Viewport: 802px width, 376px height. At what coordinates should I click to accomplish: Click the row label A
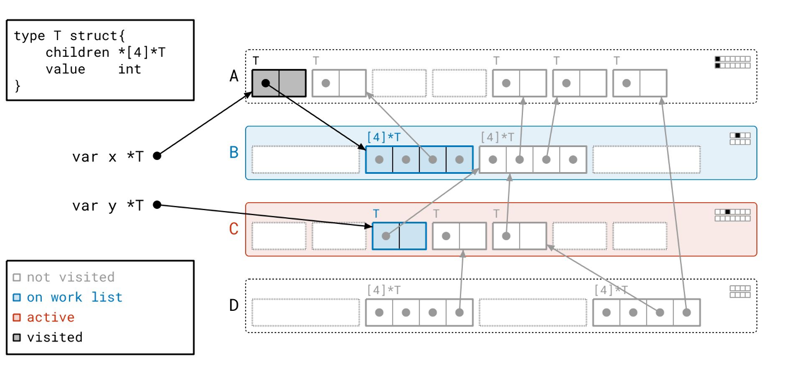pos(234,76)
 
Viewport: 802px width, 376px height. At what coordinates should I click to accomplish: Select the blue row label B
pos(234,152)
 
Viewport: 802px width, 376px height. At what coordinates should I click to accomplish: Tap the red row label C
pos(234,229)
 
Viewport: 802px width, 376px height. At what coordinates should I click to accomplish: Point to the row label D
pos(234,305)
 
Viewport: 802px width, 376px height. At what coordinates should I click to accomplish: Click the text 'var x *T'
pos(107,157)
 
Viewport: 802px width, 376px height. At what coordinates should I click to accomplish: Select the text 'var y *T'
pos(107,206)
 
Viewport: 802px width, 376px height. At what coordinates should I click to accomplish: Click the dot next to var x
pos(157,156)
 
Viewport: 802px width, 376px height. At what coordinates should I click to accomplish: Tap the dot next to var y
pos(157,205)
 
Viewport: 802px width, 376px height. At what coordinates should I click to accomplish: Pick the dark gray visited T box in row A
pos(279,83)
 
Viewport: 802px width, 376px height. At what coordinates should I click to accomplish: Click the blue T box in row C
pos(399,236)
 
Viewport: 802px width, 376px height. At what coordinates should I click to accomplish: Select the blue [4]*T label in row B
pos(383,136)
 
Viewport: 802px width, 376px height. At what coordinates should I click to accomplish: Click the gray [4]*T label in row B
pos(497,136)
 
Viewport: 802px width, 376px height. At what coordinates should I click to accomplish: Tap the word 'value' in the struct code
pos(65,69)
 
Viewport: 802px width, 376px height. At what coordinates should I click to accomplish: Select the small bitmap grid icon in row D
pos(740,292)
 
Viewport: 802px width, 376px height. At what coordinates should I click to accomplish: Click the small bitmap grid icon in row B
pos(740,139)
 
